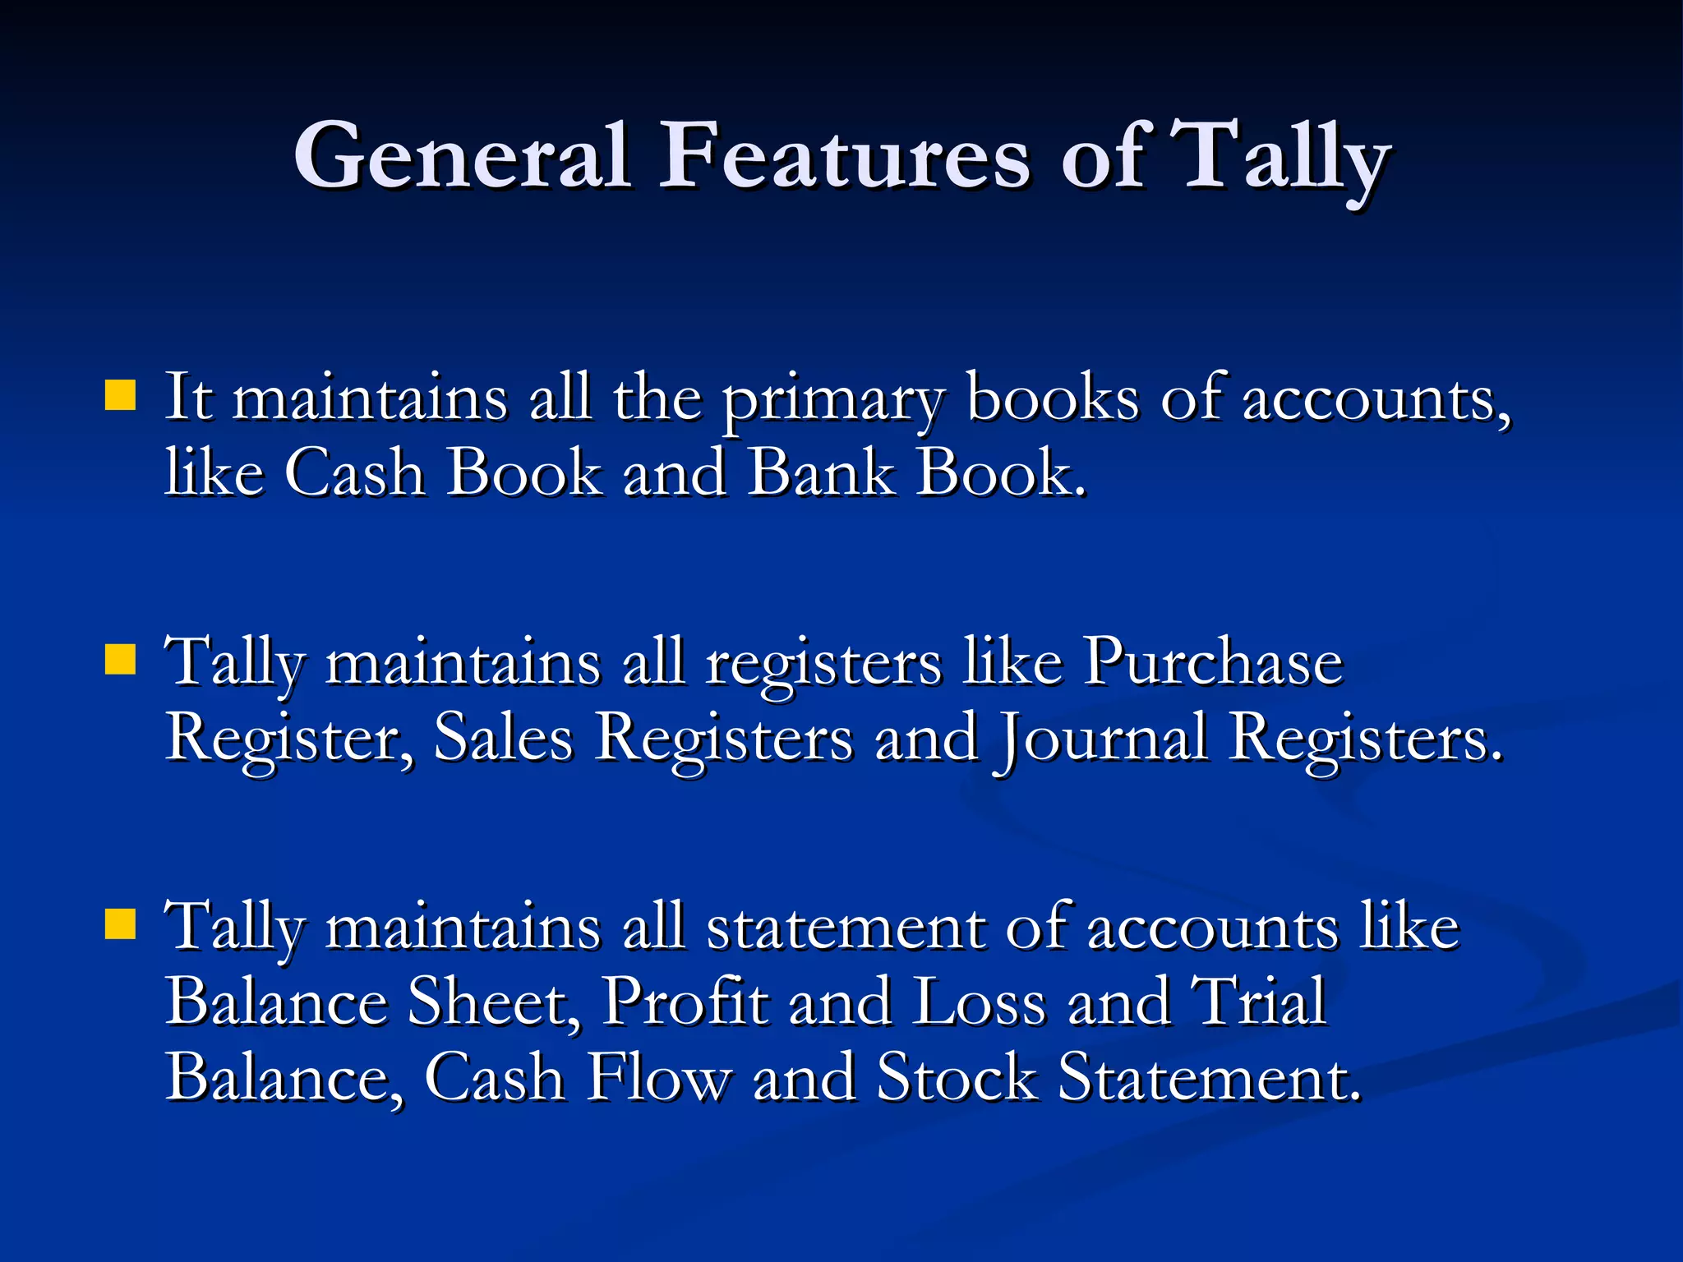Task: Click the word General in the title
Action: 462,156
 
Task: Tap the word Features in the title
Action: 844,156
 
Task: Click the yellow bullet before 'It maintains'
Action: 121,395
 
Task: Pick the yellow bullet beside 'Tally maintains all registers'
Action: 121,659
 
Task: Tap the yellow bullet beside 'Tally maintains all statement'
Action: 121,923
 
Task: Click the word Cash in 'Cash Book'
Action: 355,473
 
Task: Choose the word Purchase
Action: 1212,662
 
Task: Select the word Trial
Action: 1258,1002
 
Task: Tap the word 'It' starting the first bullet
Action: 188,398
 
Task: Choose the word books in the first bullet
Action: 1053,399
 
